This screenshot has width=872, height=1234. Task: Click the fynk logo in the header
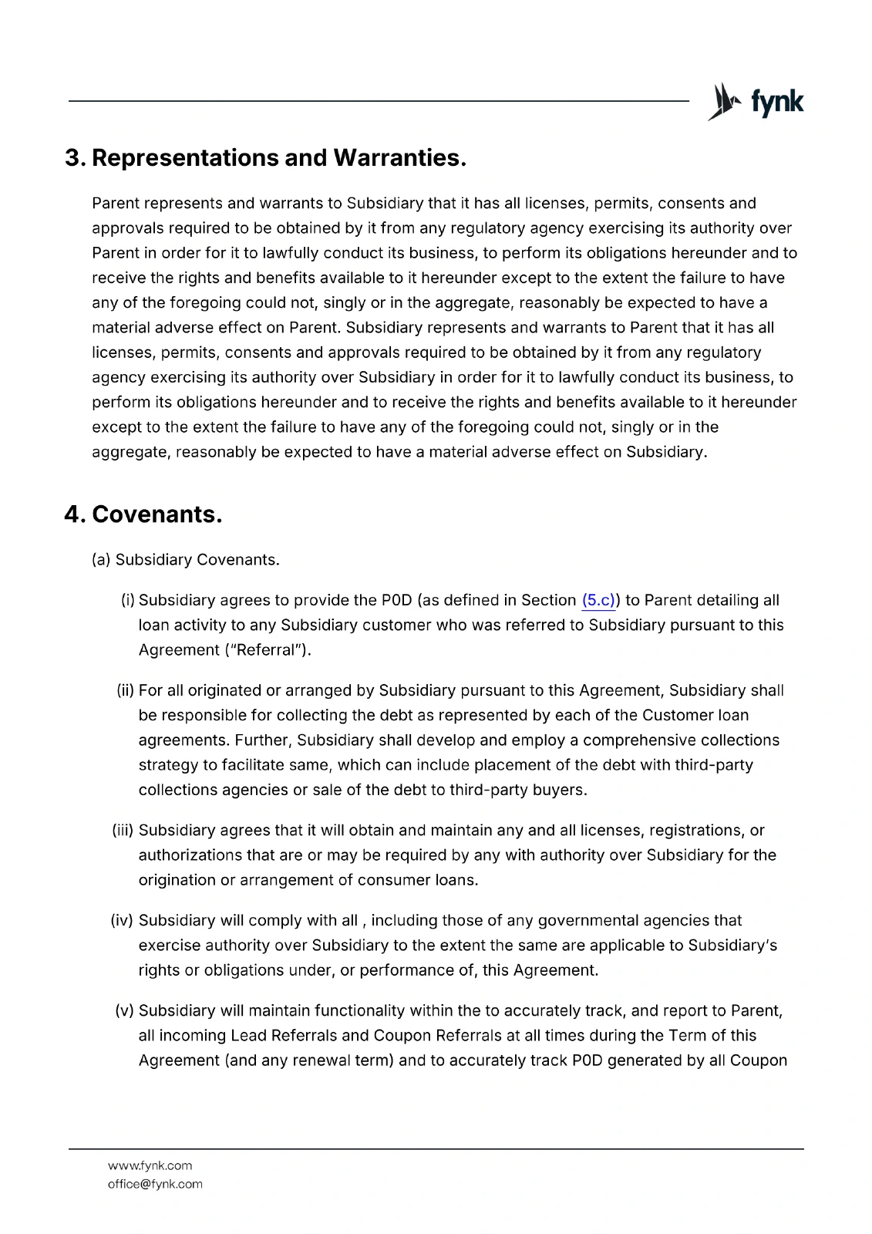(756, 102)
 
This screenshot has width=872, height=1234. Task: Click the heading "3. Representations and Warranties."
(266, 158)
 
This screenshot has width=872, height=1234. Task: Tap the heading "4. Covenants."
(143, 514)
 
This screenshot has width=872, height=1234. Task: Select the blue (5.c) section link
(598, 600)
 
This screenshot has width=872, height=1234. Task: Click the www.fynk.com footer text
(150, 1165)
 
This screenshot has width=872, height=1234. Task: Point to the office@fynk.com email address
(155, 1184)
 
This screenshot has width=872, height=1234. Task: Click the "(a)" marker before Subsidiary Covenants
(101, 560)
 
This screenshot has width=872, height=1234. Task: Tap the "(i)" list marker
(128, 600)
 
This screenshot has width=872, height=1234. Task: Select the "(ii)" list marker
(126, 690)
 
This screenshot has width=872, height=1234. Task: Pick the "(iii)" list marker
(123, 831)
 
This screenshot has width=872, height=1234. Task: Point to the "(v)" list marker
(125, 1010)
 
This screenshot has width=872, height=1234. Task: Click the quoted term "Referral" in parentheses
(263, 650)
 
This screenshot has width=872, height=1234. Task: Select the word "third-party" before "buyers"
(487, 790)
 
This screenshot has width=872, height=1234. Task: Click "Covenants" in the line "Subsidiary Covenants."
(237, 560)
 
